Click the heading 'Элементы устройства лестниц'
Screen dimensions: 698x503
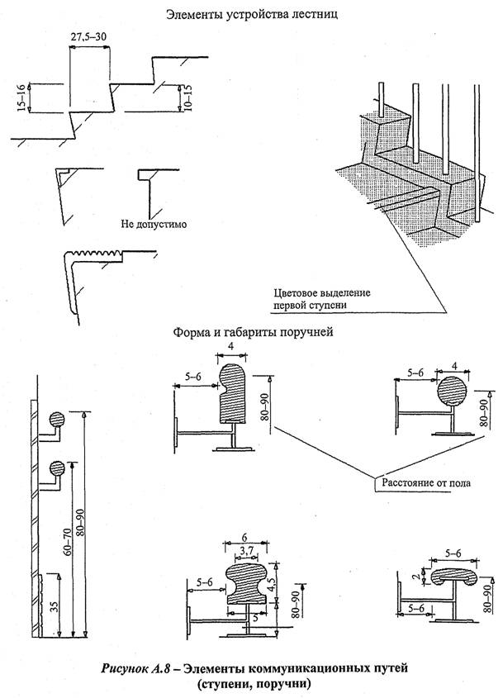pos(251,15)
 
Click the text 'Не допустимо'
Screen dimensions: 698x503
pos(153,223)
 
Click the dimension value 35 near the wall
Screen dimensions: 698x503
pos(55,608)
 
